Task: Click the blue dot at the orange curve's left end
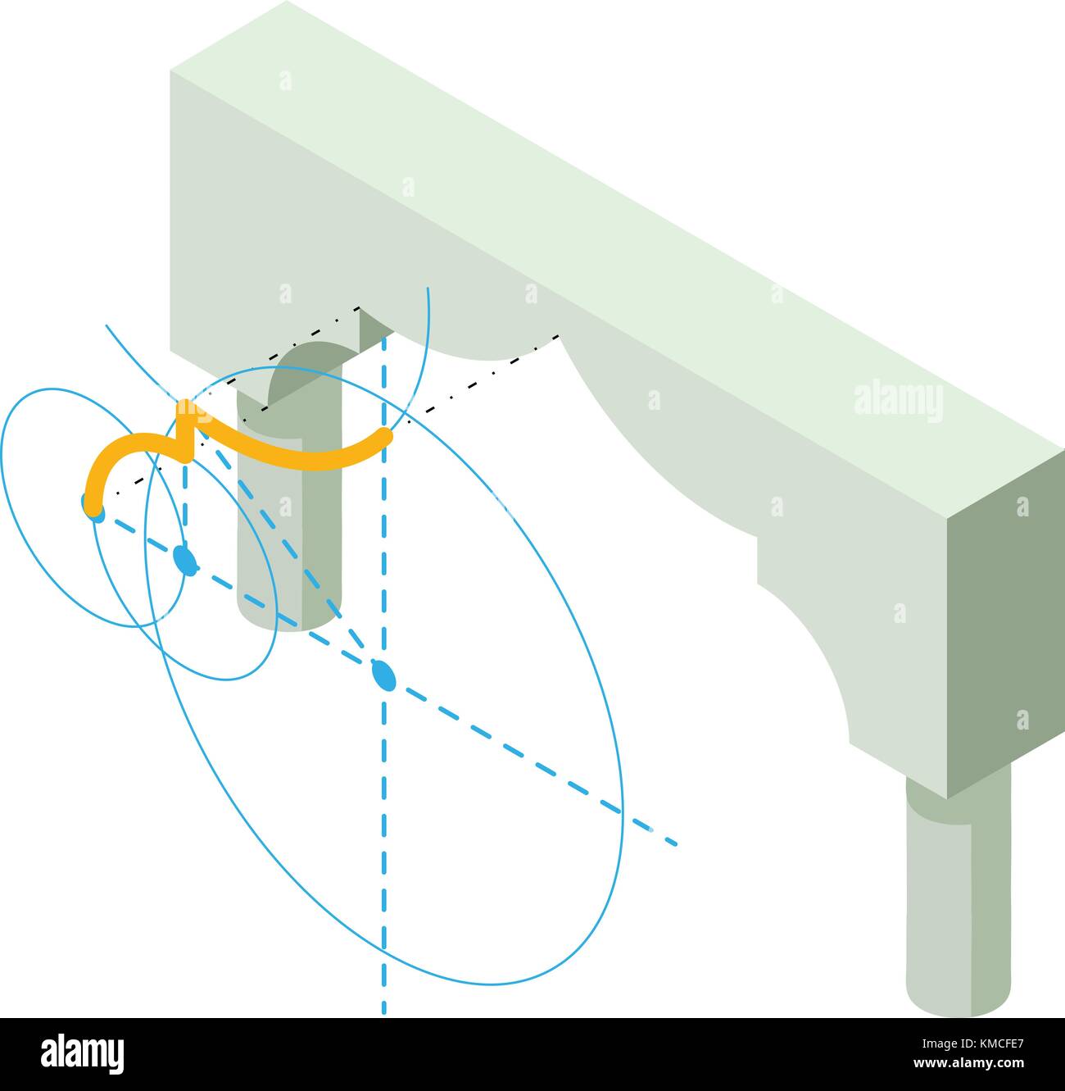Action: click(x=93, y=508)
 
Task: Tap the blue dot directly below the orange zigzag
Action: click(x=185, y=560)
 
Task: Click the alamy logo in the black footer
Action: click(x=83, y=1054)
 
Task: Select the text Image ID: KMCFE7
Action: click(x=972, y=1044)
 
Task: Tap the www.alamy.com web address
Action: click(x=968, y=1063)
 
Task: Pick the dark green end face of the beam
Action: click(x=1006, y=622)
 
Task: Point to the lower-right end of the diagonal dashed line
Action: click(x=677, y=843)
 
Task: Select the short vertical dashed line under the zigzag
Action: click(x=185, y=505)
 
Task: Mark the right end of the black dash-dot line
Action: click(x=558, y=336)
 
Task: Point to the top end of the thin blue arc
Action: click(x=428, y=289)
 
